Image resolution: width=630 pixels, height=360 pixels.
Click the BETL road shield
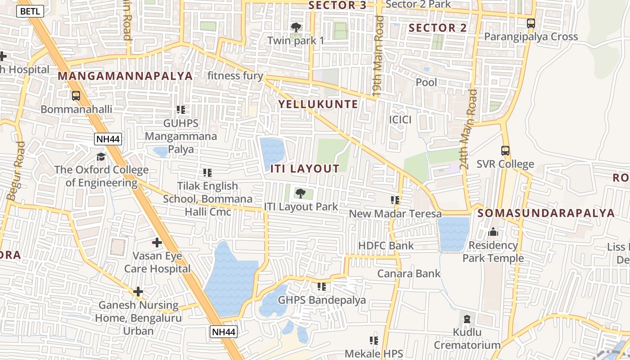pos(30,11)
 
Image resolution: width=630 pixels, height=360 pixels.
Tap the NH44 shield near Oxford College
pos(108,139)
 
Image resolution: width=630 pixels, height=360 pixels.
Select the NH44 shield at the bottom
pos(223,332)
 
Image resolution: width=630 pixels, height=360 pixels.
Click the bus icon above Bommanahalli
pos(76,96)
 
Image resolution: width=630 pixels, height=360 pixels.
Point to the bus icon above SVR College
pos(505,151)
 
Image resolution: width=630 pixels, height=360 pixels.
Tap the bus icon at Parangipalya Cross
pos(531,23)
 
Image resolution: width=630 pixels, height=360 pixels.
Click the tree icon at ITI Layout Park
pos(300,193)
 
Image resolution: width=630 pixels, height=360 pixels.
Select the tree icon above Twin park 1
pos(296,27)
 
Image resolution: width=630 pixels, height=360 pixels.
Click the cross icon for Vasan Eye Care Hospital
pos(157,243)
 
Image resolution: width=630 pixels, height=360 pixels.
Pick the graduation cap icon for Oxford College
pos(101,157)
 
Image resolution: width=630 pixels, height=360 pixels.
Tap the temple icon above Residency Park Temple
pos(493,232)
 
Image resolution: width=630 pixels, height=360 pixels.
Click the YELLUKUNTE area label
pos(318,104)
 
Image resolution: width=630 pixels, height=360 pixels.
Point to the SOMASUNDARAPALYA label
pos(546,213)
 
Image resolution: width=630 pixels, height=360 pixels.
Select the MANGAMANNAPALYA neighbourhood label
pos(126,76)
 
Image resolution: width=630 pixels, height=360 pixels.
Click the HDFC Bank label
pos(386,246)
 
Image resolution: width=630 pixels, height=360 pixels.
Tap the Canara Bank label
pos(409,273)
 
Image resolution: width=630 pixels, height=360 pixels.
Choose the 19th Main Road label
pos(378,56)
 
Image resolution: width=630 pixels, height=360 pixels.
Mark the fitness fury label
pos(235,75)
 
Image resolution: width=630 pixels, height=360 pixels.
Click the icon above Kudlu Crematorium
pos(467,319)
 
